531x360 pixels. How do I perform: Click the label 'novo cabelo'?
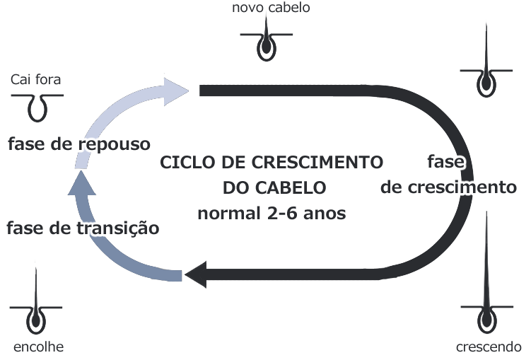point(271,8)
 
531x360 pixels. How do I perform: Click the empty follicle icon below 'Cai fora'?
point(37,106)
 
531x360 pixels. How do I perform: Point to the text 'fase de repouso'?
point(79,144)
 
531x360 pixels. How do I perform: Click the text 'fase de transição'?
point(83,228)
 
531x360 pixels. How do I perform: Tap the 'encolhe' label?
point(38,347)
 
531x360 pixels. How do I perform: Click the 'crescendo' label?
point(489,347)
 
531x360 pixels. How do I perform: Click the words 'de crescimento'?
point(448,188)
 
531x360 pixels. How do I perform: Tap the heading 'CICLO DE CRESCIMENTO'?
point(272,162)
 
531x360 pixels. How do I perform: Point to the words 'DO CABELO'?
point(274,188)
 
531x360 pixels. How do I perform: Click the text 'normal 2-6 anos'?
point(272,213)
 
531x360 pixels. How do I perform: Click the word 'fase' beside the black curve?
point(446,162)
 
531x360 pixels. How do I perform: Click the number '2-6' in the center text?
point(281,213)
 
